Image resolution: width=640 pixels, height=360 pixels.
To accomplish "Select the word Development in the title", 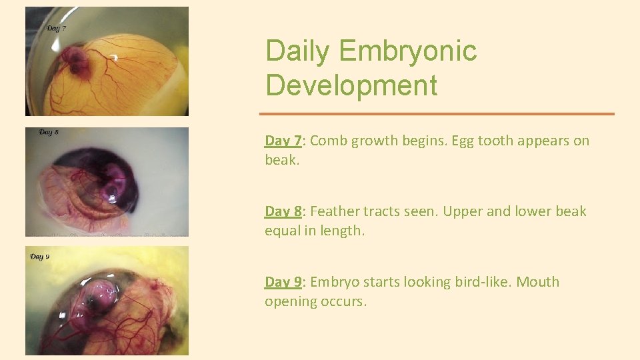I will [351, 86].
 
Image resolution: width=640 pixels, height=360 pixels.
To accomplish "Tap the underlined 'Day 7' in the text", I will [283, 141].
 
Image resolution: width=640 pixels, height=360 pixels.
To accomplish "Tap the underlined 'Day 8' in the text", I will [283, 211].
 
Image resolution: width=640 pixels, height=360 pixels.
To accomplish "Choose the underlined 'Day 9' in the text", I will [283, 282].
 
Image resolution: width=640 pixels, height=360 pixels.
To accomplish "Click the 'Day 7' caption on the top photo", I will [55, 29].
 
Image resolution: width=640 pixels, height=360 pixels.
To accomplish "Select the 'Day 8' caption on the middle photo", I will [49, 132].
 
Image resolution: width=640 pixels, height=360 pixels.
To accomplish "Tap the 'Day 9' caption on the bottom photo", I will [39, 256].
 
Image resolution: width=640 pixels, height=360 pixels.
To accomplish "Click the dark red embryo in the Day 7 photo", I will [77, 61].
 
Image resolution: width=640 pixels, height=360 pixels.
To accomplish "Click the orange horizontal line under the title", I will [437, 114].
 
